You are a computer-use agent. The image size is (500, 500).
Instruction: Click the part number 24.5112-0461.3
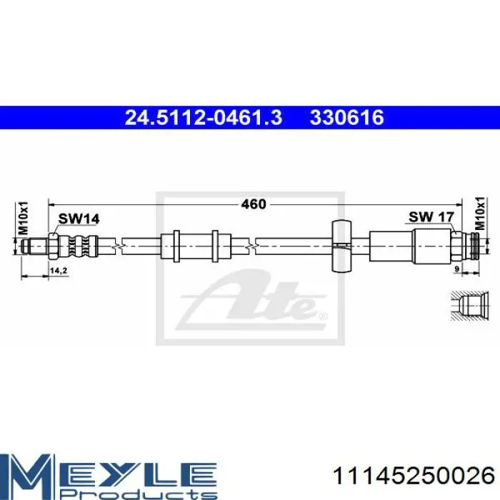(x=204, y=117)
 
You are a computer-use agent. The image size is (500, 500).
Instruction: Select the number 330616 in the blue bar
(x=347, y=117)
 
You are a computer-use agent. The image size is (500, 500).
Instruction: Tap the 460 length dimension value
(x=254, y=204)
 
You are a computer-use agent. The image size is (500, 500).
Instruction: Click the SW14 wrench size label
(x=79, y=219)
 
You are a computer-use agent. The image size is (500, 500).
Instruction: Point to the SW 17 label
(x=431, y=217)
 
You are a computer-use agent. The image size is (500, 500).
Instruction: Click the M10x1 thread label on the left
(x=24, y=218)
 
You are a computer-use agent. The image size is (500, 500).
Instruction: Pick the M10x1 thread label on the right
(x=480, y=214)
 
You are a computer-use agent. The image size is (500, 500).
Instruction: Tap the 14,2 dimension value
(x=59, y=271)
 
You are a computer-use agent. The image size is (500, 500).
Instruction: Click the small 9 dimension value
(x=456, y=269)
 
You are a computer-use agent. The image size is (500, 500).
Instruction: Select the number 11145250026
(x=414, y=476)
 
